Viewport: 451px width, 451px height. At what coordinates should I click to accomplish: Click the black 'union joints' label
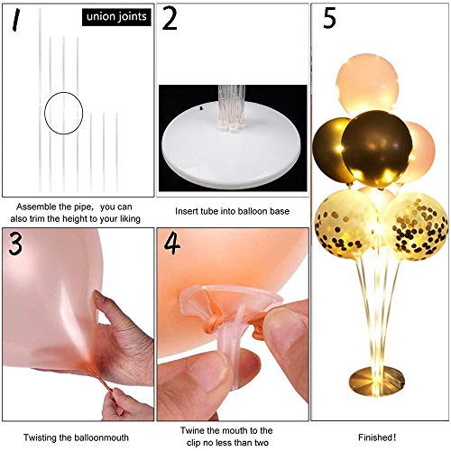point(116,17)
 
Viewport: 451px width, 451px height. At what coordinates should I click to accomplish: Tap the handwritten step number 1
point(16,20)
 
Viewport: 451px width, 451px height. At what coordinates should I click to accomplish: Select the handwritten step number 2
point(170,19)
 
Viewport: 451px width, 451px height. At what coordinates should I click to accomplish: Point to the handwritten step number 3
point(15,244)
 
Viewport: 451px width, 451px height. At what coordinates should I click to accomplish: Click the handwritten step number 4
point(171,244)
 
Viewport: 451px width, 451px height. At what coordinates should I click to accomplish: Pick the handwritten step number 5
point(329,18)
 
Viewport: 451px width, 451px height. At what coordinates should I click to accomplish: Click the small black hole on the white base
point(202,107)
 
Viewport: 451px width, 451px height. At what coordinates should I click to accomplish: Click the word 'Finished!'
point(377,437)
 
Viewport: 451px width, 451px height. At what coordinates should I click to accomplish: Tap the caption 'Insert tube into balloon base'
point(232,211)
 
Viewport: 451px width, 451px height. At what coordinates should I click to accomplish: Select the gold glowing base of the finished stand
point(377,382)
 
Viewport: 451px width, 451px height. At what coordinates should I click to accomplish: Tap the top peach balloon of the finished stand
point(367,85)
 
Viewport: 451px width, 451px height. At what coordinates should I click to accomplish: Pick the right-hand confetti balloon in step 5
point(416,226)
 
